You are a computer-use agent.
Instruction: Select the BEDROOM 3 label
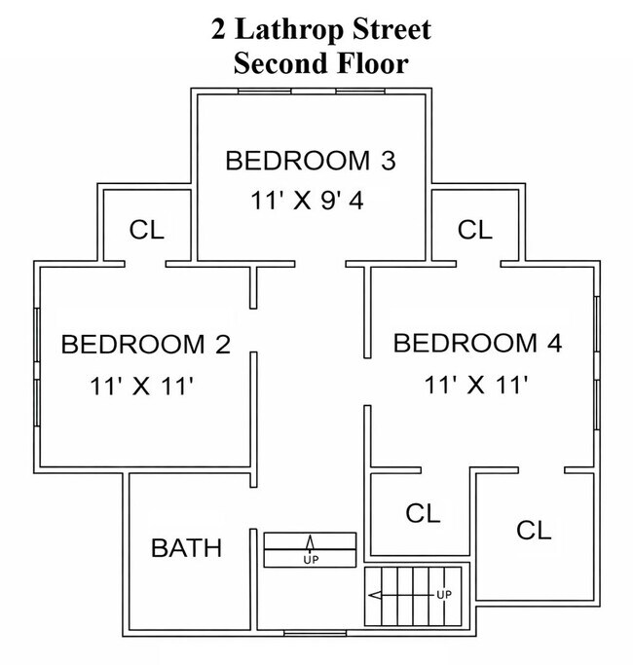310,161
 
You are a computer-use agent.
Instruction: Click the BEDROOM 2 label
145,344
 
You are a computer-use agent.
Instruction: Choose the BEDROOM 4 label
477,343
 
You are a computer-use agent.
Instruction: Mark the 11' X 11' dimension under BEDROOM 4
476,385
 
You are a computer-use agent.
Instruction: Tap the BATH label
186,548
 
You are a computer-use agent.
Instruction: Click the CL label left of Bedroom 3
147,230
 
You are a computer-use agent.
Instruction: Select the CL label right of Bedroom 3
475,230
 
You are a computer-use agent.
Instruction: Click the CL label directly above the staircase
423,512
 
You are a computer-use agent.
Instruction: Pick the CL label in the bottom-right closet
534,531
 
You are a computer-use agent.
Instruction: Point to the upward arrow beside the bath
311,543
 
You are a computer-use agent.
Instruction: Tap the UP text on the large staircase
443,594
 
